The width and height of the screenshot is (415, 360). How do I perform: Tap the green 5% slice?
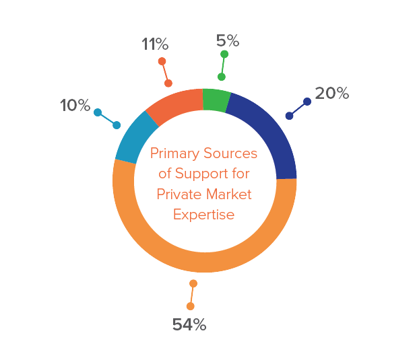(x=216, y=99)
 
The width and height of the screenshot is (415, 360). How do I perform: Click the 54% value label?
(x=189, y=324)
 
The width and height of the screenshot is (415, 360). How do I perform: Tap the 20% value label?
(x=332, y=94)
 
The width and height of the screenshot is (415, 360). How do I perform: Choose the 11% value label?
(x=155, y=44)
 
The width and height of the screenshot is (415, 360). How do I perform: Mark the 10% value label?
(x=75, y=105)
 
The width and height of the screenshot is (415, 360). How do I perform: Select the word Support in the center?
(x=197, y=174)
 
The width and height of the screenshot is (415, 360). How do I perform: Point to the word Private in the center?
(x=177, y=194)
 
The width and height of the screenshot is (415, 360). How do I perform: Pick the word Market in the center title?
(x=228, y=194)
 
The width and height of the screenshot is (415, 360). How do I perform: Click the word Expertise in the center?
(x=203, y=215)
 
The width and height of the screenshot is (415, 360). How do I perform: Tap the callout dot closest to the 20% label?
(x=307, y=102)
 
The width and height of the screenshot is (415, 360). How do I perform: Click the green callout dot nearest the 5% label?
(x=224, y=54)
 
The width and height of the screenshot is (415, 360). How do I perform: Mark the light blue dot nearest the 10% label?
(x=98, y=112)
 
